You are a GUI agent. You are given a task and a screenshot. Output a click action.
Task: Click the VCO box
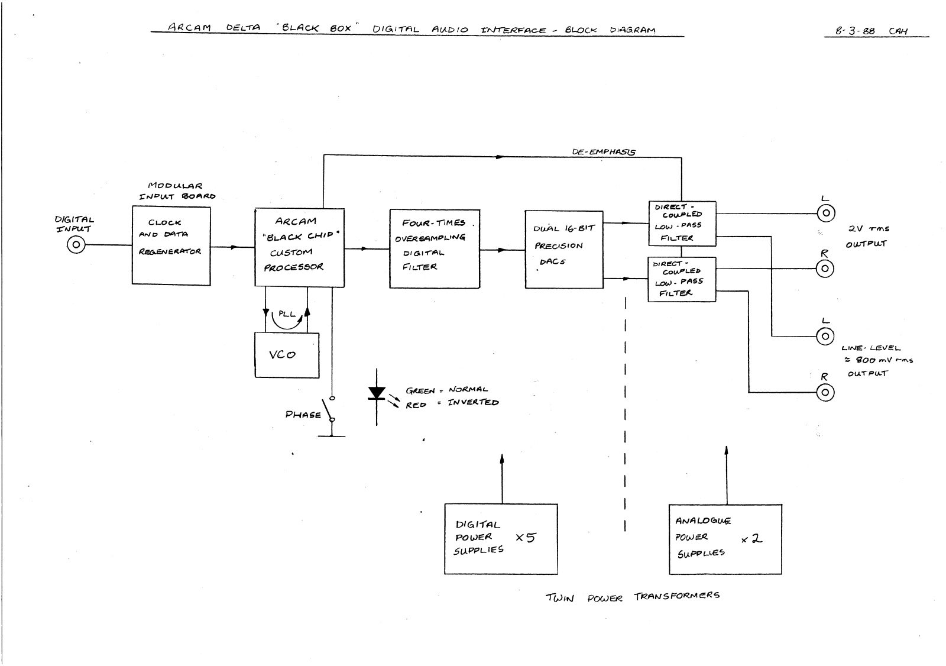[x=287, y=355]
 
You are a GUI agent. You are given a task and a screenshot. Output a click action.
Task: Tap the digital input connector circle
[x=76, y=244]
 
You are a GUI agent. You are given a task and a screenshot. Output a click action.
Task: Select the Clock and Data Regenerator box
[x=171, y=245]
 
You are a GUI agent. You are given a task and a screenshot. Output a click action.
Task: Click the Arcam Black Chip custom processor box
[x=299, y=247]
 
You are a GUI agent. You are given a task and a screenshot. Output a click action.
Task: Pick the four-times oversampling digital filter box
[x=435, y=248]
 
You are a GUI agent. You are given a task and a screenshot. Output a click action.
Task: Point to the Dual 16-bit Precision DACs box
[x=564, y=250]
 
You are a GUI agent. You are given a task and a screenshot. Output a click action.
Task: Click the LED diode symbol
[x=377, y=393]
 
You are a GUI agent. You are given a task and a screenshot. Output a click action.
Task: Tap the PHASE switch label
[x=303, y=415]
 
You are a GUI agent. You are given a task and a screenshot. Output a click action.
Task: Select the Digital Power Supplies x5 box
[x=501, y=539]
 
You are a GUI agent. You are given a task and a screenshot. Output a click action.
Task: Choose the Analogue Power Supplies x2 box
[x=725, y=539]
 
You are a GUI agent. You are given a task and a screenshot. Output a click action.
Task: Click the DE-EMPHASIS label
[x=603, y=152]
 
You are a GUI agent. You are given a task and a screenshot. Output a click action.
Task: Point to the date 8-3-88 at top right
[x=855, y=31]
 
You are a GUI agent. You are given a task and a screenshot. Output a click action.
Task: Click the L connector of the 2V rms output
[x=825, y=213]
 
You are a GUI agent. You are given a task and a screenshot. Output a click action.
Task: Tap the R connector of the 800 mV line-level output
[x=825, y=392]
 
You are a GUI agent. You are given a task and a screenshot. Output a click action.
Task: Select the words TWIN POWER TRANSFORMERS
[x=632, y=596]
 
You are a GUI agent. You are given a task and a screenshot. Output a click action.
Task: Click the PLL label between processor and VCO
[x=287, y=314]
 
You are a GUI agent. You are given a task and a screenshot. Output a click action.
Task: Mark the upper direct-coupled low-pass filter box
[x=682, y=223]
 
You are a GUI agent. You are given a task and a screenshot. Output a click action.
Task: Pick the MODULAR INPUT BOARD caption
[x=177, y=191]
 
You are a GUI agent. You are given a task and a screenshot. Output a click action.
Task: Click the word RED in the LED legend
[x=416, y=405]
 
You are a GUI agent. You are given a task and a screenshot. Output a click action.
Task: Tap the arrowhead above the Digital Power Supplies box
[x=502, y=459]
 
